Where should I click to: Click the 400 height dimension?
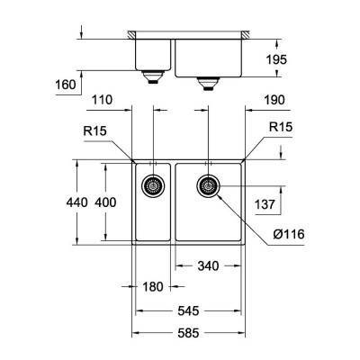(x=105, y=202)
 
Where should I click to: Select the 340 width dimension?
(x=207, y=266)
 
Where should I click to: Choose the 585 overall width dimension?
(x=189, y=333)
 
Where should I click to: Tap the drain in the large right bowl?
(x=209, y=187)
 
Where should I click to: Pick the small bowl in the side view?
(x=154, y=55)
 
